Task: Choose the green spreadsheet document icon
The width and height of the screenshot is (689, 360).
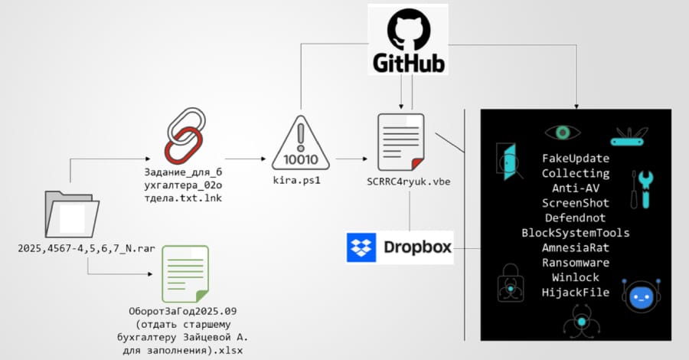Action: (184, 273)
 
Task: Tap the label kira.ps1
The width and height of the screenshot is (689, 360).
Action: (301, 181)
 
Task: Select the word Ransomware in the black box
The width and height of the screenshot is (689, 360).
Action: (576, 262)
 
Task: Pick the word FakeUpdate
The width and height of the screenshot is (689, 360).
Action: (576, 159)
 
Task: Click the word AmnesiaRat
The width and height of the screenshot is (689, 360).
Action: (576, 247)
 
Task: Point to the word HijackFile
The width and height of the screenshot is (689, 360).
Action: (576, 292)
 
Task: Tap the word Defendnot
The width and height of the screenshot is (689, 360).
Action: (576, 218)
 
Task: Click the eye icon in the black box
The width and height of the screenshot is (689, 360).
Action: (563, 133)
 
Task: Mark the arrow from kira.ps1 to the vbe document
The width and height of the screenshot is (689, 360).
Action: (349, 161)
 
